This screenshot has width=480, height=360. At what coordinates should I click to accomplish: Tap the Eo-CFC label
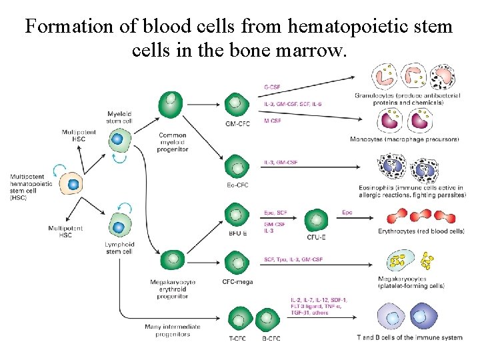[x=237, y=185]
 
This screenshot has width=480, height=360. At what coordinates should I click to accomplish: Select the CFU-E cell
[x=316, y=221]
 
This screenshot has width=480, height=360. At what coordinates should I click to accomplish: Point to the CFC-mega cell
[x=236, y=262]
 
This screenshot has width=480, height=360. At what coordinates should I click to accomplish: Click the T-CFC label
[x=237, y=339]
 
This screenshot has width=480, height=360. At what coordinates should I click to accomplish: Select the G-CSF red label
[x=273, y=86]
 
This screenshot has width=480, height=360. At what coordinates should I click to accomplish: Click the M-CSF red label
[x=273, y=121]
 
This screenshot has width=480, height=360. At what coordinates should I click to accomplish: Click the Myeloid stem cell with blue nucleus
[x=118, y=139]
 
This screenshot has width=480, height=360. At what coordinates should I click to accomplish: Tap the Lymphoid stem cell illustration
[x=119, y=227]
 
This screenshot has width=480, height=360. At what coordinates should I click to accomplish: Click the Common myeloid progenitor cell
[x=171, y=105]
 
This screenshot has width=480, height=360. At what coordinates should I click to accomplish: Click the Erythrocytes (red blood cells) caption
[x=421, y=231]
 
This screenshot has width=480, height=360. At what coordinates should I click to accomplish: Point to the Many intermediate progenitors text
[x=167, y=331]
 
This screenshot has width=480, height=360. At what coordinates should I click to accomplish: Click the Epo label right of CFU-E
[x=347, y=213]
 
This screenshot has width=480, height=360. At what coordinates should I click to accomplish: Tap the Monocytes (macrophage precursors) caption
[x=404, y=139]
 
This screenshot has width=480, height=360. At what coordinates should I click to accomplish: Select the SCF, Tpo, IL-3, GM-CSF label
[x=293, y=258]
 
